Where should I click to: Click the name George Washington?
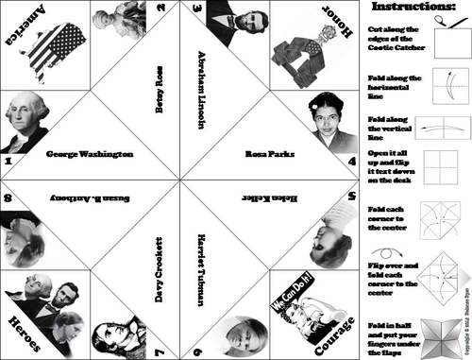pyautogui.click(x=90, y=153)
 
